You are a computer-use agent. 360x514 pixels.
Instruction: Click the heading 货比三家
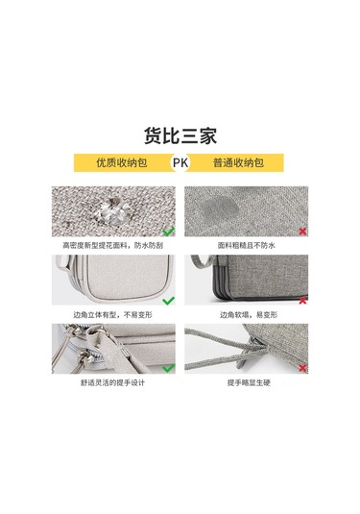180,135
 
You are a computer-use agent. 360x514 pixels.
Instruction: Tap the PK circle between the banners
180,162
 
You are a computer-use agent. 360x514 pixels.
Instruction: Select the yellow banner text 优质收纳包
122,162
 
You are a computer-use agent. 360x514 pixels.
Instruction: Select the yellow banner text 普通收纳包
238,162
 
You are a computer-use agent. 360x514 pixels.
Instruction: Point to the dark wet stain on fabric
219,209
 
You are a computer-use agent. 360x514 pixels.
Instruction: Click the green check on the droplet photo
168,232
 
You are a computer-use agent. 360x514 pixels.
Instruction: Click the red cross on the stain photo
302,232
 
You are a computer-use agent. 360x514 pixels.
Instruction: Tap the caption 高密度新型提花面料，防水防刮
112,245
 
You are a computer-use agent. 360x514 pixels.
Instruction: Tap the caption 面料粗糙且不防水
247,245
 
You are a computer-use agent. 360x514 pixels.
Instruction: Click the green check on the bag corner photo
168,301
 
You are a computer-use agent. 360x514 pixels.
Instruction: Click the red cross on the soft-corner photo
302,300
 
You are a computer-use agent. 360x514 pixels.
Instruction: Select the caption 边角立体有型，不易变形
112,315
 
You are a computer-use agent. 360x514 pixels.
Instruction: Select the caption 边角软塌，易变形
249,315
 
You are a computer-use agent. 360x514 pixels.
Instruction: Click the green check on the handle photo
168,368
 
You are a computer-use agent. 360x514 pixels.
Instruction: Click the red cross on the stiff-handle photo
302,368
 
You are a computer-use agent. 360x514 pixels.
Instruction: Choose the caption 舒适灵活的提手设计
112,382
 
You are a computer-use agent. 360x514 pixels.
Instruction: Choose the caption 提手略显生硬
249,382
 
